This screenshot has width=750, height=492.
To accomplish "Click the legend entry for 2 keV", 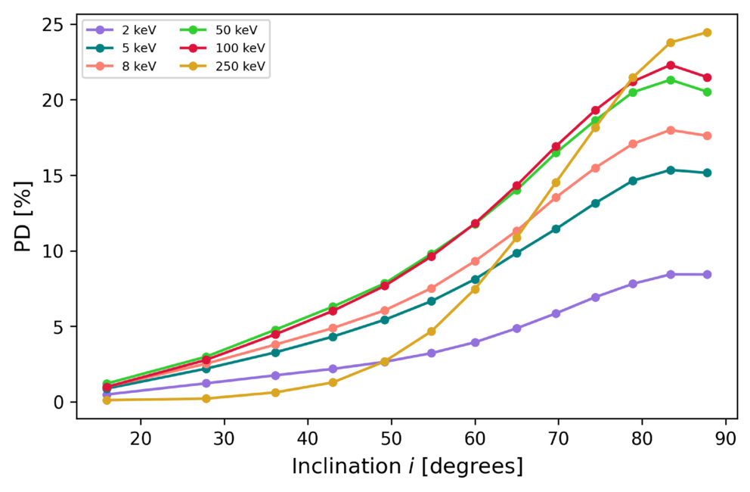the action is tap(121, 30).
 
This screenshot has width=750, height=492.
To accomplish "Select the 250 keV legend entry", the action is tap(222, 66).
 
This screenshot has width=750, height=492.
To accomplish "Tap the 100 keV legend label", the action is tap(240, 48).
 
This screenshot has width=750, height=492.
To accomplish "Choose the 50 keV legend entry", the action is tap(218, 30).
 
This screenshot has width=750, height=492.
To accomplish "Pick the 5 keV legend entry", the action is tap(121, 48).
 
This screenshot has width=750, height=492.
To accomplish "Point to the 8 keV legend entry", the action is tap(121, 66).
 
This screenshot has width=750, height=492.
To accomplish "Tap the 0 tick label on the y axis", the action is tap(58, 403).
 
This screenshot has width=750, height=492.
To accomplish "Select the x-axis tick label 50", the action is tap(392, 438).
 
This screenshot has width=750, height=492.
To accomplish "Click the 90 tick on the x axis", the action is tap(726, 438).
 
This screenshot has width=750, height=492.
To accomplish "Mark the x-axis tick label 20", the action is tap(141, 438).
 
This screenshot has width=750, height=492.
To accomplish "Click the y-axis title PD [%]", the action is tap(23, 217).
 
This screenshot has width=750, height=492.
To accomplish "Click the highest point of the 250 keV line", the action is tap(707, 33).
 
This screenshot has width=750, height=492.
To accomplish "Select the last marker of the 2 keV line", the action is tap(707, 275).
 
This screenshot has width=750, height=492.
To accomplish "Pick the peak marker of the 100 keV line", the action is tap(671, 65).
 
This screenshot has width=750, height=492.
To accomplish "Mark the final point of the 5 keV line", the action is tap(707, 173).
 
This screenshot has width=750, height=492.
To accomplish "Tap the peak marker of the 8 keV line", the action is tap(671, 130).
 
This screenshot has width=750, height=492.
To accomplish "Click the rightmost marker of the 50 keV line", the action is tap(707, 92).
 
